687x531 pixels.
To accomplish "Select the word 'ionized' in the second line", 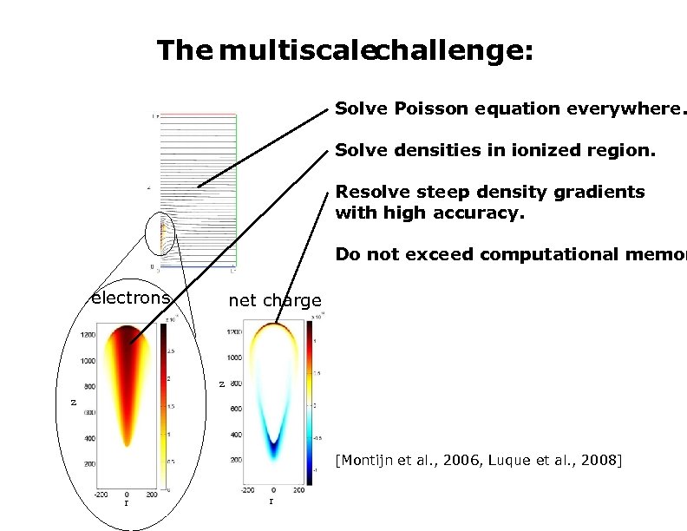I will click(x=517, y=150).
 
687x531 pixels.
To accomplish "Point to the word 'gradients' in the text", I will click(x=605, y=192).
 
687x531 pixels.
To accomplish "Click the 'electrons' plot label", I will click(x=131, y=298).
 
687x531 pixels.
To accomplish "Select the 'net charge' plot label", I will click(x=274, y=301).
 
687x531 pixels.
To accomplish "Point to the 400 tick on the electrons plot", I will click(x=88, y=439).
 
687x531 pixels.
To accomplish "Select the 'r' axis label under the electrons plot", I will click(x=127, y=502).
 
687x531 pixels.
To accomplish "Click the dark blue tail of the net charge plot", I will click(x=274, y=449).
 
